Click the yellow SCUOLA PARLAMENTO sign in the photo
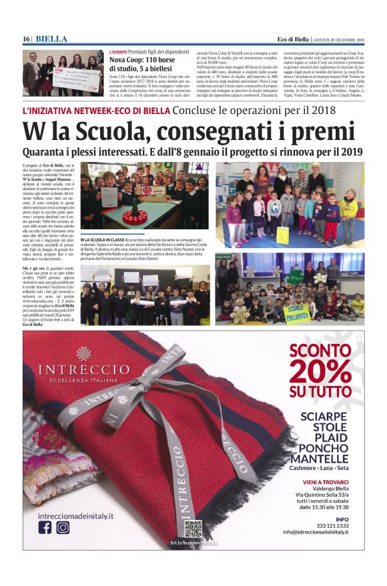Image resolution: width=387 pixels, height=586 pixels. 296,310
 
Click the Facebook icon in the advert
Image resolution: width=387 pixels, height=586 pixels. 45,527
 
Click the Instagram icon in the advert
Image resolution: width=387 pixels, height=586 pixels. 63,527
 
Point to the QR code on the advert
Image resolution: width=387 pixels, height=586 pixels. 193,528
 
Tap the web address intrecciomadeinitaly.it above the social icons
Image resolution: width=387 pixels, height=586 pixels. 75,515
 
